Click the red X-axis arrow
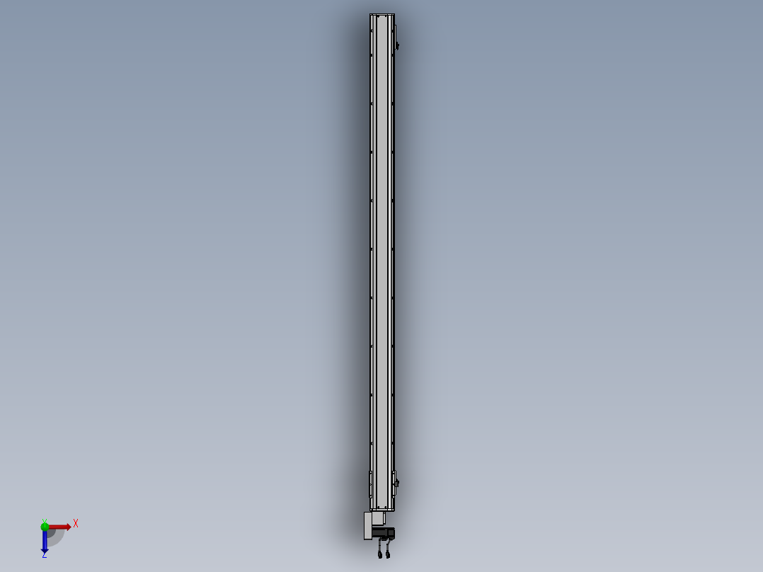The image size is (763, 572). click(59, 527)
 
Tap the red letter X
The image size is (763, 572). click(76, 524)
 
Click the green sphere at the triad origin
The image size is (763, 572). click(45, 527)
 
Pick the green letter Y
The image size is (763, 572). click(45, 521)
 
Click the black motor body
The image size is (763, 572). click(384, 533)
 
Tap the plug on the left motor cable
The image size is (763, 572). click(379, 554)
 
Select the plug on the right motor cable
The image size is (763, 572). click(388, 554)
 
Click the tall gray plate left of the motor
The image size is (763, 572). click(368, 526)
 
